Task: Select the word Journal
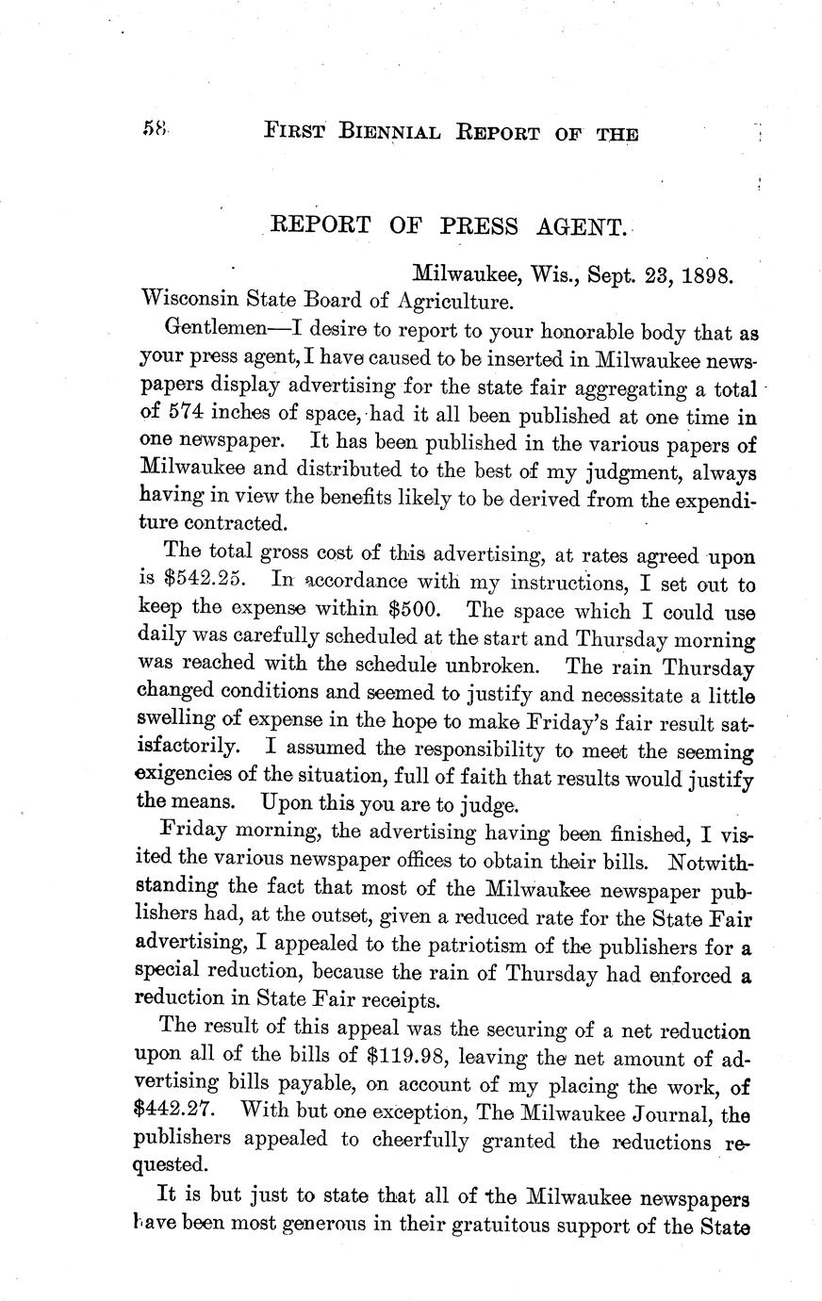(x=670, y=1112)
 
